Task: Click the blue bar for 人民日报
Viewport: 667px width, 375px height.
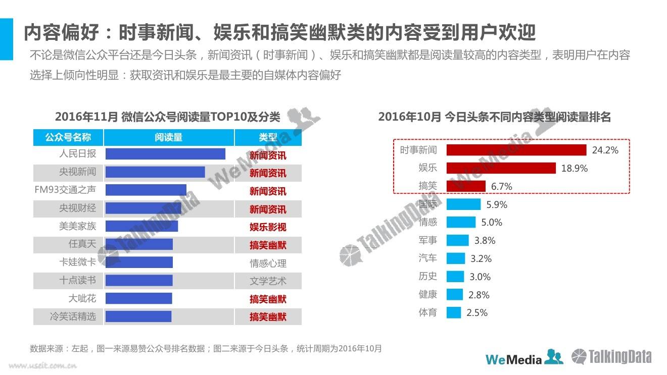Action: (x=165, y=154)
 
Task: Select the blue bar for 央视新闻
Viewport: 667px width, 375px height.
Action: (x=155, y=172)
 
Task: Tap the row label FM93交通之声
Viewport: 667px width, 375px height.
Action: (x=65, y=190)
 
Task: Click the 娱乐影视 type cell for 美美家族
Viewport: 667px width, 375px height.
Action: (x=268, y=227)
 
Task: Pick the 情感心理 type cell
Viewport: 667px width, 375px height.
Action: (x=268, y=263)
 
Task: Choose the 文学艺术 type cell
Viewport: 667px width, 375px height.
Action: (x=268, y=281)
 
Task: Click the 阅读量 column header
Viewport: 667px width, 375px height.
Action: (x=169, y=137)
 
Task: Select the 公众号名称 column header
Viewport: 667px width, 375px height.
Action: (x=68, y=137)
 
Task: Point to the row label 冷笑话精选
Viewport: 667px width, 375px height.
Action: (x=73, y=317)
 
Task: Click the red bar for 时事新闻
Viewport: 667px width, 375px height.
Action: (x=516, y=150)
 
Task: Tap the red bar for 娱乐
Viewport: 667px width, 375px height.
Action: (x=501, y=168)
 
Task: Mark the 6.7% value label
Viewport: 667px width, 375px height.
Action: (x=502, y=187)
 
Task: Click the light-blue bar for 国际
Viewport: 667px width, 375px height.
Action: (x=464, y=204)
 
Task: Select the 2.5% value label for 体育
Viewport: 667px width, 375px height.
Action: (x=477, y=313)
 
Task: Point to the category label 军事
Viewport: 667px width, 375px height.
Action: (x=428, y=240)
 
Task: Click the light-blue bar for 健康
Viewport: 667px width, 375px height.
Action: (x=455, y=295)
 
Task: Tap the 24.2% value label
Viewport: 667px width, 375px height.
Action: (x=605, y=150)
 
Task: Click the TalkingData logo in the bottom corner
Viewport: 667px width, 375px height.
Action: (x=611, y=357)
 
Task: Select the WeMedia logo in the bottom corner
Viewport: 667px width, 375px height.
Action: (x=524, y=358)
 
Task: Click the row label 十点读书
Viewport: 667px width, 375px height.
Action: (x=77, y=281)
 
